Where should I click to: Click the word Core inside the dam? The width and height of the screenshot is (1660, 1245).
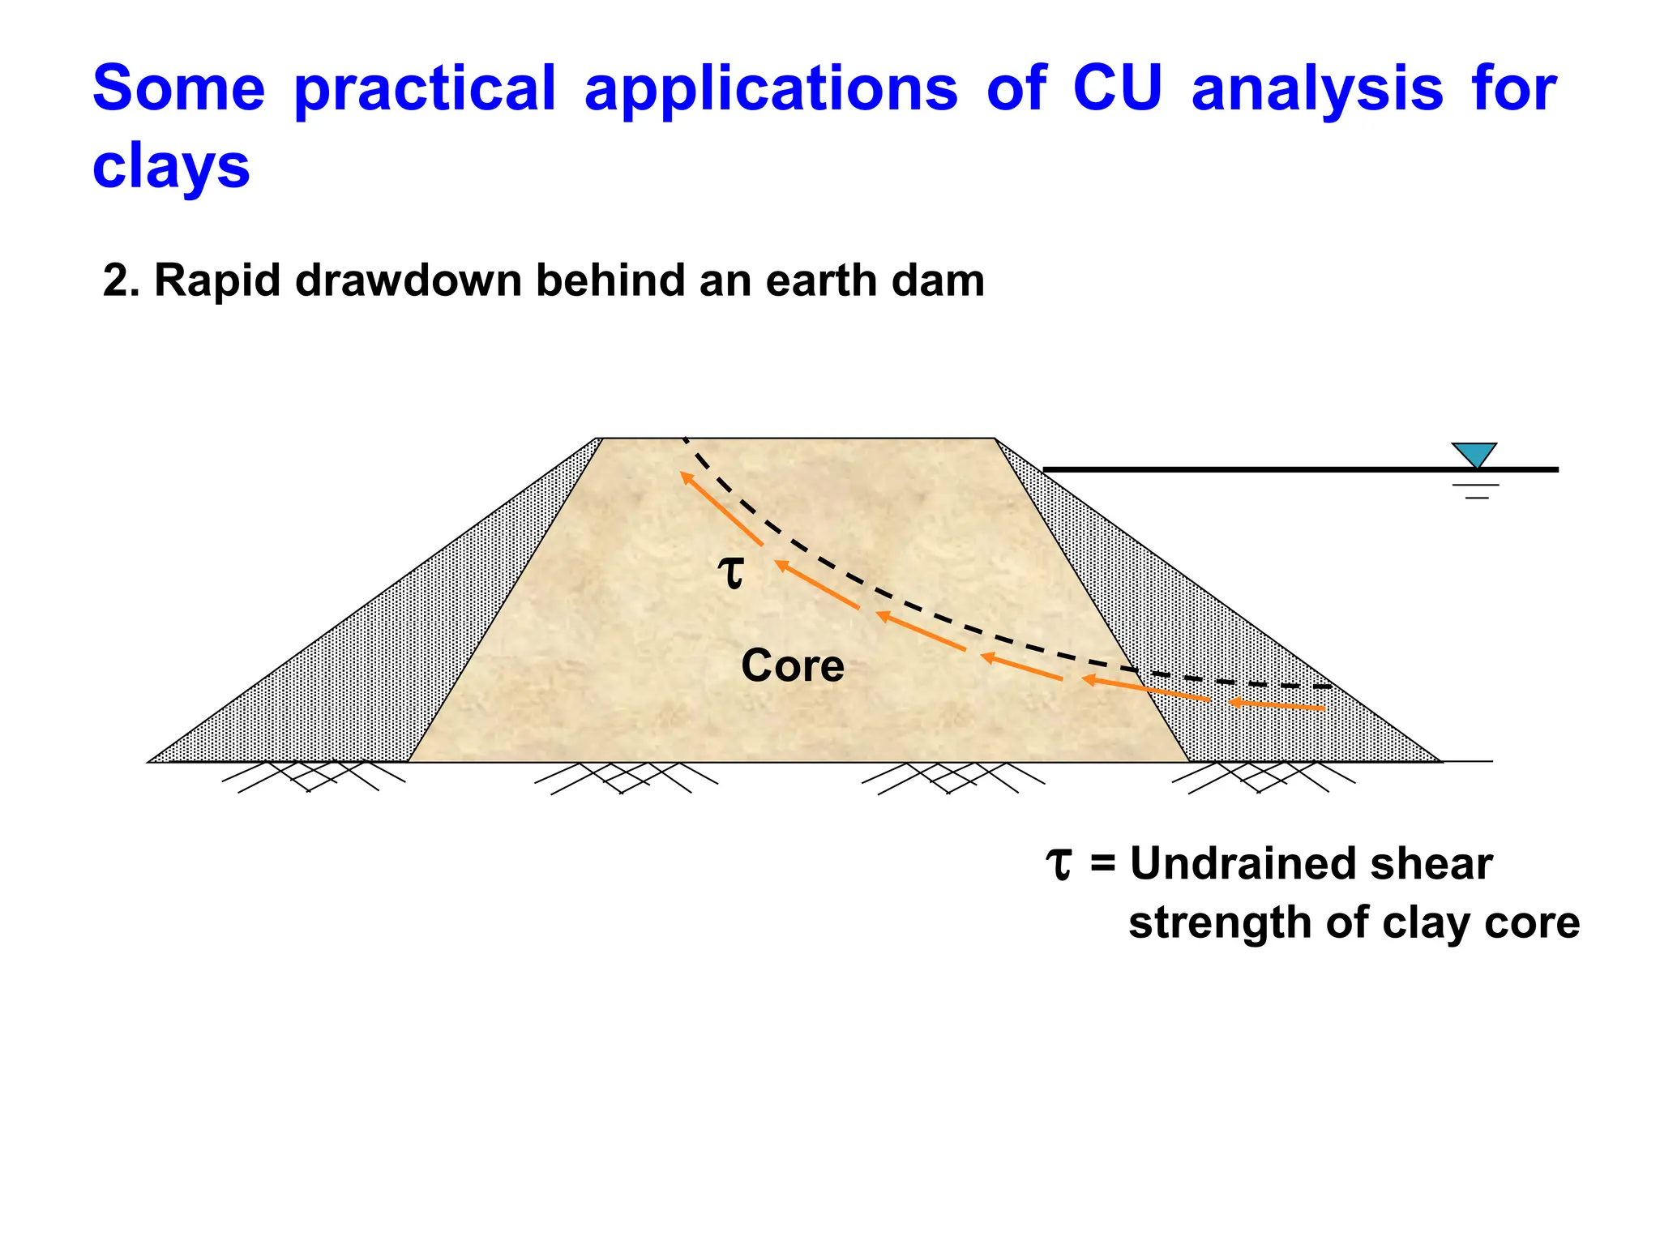click(792, 666)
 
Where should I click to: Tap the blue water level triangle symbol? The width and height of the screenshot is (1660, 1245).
click(1474, 455)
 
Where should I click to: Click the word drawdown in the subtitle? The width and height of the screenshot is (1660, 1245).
click(409, 281)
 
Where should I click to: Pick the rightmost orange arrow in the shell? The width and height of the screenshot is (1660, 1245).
click(1277, 705)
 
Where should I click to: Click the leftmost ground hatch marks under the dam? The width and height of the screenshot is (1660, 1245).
click(312, 776)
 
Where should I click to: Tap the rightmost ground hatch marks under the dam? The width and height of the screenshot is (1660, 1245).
click(1262, 777)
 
